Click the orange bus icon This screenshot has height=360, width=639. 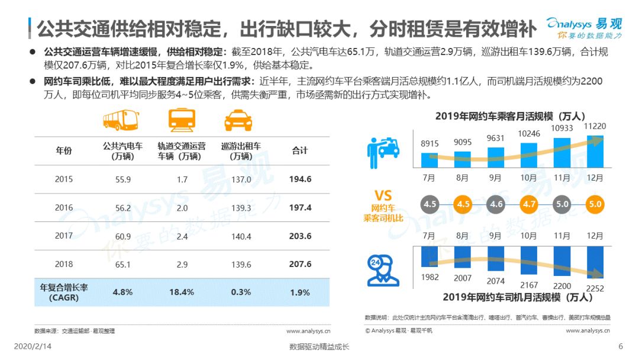[121, 120]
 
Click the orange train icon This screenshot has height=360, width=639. [182, 120]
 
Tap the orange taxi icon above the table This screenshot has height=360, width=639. [238, 120]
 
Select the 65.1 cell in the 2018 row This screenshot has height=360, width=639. [122, 265]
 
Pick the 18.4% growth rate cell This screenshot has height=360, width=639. [182, 292]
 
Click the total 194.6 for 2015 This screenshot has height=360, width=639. [301, 179]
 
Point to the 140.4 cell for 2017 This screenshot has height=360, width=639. [241, 236]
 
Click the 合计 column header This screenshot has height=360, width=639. [300, 150]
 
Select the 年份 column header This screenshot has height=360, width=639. [64, 150]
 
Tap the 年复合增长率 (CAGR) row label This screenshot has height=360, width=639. [64, 292]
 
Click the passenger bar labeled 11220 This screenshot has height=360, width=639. [595, 151]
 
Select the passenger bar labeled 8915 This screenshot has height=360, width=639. [430, 160]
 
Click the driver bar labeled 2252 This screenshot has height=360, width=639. [595, 262]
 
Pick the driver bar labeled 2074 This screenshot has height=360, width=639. [496, 259]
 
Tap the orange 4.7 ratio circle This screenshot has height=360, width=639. [529, 204]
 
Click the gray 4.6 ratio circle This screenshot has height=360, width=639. [496, 204]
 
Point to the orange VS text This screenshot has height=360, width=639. [383, 195]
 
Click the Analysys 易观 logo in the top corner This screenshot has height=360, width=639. [585, 28]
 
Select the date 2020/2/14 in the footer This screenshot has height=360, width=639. [33, 346]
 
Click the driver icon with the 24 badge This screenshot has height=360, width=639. [382, 271]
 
